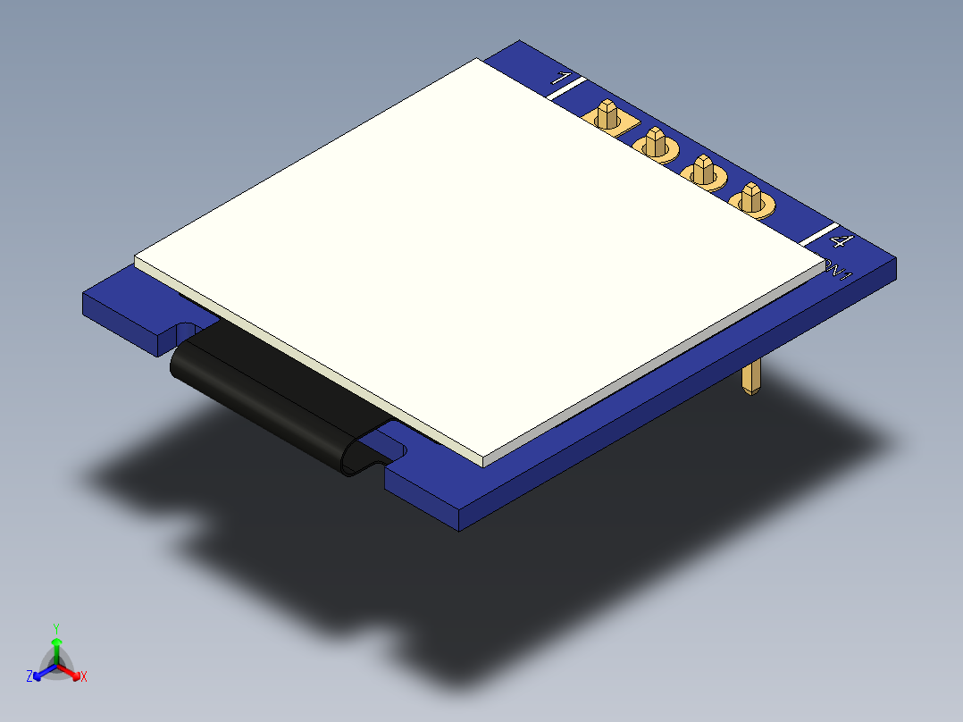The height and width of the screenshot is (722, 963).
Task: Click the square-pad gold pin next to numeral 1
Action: point(608,117)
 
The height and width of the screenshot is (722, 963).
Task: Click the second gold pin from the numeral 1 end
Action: point(655,143)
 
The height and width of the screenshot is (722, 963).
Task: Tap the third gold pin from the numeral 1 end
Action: point(702,171)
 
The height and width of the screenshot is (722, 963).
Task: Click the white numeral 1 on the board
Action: point(563,79)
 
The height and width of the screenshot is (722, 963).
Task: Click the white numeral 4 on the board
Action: point(841,241)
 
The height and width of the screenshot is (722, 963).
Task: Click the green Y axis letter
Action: point(55,628)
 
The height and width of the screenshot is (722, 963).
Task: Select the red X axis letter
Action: point(84,677)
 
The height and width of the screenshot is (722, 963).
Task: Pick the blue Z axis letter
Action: point(29,676)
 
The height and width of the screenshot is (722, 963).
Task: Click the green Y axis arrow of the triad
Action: point(55,647)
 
